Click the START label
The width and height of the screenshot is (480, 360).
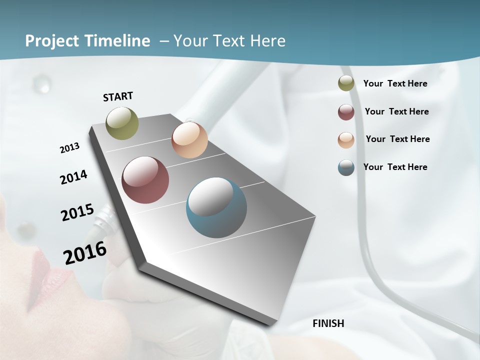point(118,96)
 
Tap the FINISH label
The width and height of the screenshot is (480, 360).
point(328,323)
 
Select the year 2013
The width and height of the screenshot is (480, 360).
point(69,148)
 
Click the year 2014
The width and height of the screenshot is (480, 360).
point(73,177)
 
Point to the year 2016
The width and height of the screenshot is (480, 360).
point(85,253)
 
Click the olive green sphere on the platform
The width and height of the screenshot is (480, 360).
point(122,123)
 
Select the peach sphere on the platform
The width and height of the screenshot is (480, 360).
point(189,140)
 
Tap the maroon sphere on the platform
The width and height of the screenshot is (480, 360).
point(145,180)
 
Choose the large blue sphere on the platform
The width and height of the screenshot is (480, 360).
point(216,207)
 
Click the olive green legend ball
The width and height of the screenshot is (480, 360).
point(346,83)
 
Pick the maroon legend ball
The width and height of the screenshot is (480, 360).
point(346,112)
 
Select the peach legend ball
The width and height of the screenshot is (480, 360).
point(346,140)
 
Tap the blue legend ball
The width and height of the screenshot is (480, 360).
point(346,168)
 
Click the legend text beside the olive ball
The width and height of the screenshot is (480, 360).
point(395,83)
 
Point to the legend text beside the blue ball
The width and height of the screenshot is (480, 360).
point(395,167)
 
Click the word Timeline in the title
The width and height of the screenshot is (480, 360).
point(118,41)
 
